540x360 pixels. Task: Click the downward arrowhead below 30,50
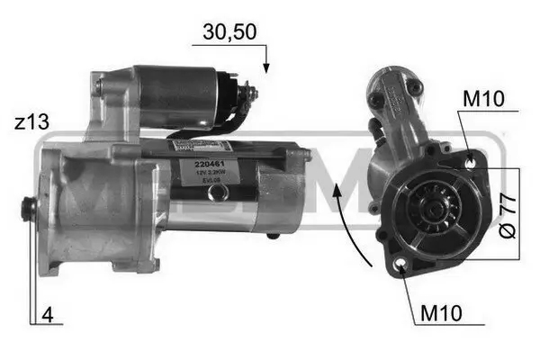point(266,68)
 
